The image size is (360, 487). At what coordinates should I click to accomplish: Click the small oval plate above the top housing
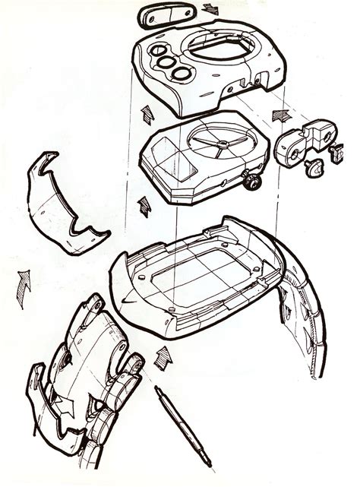[161, 17]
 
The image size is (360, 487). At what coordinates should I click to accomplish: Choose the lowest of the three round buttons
[182, 74]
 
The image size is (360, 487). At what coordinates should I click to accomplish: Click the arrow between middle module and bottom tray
[144, 207]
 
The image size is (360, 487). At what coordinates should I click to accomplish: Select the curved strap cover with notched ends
[64, 204]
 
